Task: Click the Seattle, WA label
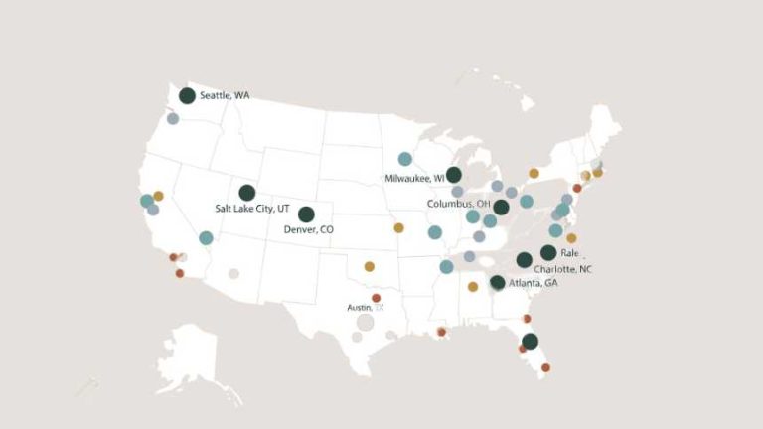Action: click(x=225, y=96)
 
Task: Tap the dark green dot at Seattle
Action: click(x=187, y=96)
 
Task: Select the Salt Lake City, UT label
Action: click(x=252, y=209)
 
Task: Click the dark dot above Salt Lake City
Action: click(x=246, y=193)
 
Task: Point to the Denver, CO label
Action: click(x=309, y=229)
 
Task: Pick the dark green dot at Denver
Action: click(x=306, y=214)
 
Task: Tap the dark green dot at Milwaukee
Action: click(x=454, y=175)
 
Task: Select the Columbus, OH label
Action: click(x=458, y=204)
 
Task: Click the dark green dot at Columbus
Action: click(x=502, y=207)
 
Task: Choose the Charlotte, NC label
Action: click(x=562, y=269)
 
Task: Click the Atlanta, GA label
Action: click(x=533, y=283)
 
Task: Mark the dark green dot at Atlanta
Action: click(x=497, y=283)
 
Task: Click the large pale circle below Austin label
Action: click(x=365, y=322)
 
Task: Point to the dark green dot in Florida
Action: click(x=530, y=341)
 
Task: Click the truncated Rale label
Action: click(x=569, y=253)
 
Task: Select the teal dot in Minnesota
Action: click(x=405, y=159)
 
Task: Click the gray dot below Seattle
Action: click(x=173, y=119)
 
